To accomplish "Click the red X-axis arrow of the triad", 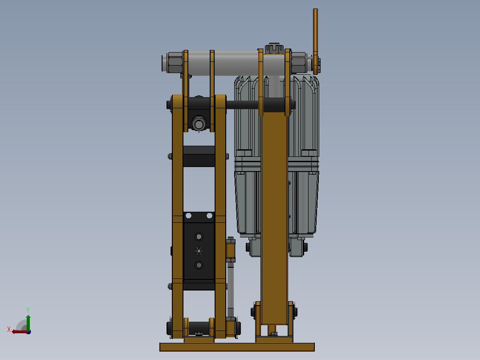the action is click(x=19, y=332).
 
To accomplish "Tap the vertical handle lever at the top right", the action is click(x=316, y=41).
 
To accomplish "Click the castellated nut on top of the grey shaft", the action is click(x=274, y=49).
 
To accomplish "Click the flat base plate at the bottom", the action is click(x=237, y=347).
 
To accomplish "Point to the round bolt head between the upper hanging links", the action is click(x=199, y=124).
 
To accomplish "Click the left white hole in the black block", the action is click(x=189, y=216).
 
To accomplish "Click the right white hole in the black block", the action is click(x=210, y=216).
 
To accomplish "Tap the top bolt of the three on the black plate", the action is click(x=199, y=237).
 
